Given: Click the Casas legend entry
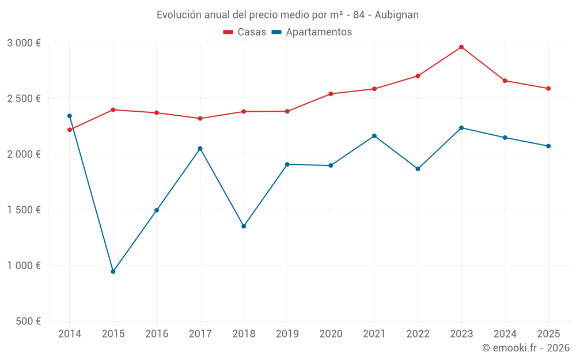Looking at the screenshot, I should tap(245, 32).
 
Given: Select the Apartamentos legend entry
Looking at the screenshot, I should tap(311, 32).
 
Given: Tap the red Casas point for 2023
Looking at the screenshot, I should tap(461, 47).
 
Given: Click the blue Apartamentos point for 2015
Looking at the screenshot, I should tap(113, 271).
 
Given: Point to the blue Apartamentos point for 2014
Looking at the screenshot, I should tap(70, 116).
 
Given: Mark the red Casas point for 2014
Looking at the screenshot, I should tap(70, 130).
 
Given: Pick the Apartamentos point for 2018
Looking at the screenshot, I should tap(244, 226).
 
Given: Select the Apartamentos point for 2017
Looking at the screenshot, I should tap(200, 149).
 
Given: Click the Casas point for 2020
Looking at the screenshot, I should tap(331, 94).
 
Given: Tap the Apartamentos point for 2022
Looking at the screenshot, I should tap(418, 169).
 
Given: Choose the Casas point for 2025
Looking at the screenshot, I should tap(548, 89).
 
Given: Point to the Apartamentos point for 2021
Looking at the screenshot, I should tap(374, 136).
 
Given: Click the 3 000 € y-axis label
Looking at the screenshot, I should tap(24, 43).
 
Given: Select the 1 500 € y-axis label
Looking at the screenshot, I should tap(24, 210).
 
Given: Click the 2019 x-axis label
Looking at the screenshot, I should tap(287, 334).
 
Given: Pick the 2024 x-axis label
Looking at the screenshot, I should tap(505, 334).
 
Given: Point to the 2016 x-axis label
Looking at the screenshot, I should tap(157, 334).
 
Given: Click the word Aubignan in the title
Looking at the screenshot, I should tap(396, 14).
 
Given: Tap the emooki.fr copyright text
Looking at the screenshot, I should tap(526, 348).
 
